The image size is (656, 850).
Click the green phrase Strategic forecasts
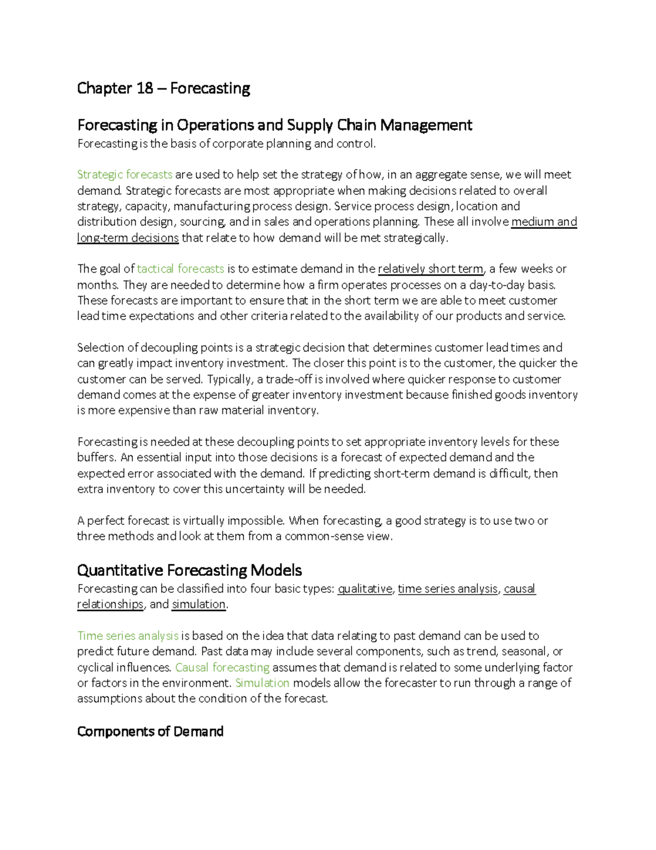[125, 175]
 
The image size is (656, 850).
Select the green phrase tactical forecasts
[180, 269]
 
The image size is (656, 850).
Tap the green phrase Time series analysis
[128, 636]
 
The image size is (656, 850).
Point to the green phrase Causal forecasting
[222, 668]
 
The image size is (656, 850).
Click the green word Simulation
[262, 683]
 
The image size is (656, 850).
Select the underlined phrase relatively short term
[430, 269]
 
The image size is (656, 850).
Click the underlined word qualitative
[365, 589]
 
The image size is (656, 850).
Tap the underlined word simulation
[198, 604]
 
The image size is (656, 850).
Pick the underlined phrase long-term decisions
[128, 238]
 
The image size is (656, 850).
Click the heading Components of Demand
[150, 732]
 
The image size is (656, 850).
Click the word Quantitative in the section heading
[120, 570]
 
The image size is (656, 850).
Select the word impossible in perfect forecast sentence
[255, 521]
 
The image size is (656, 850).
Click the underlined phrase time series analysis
[447, 589]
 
